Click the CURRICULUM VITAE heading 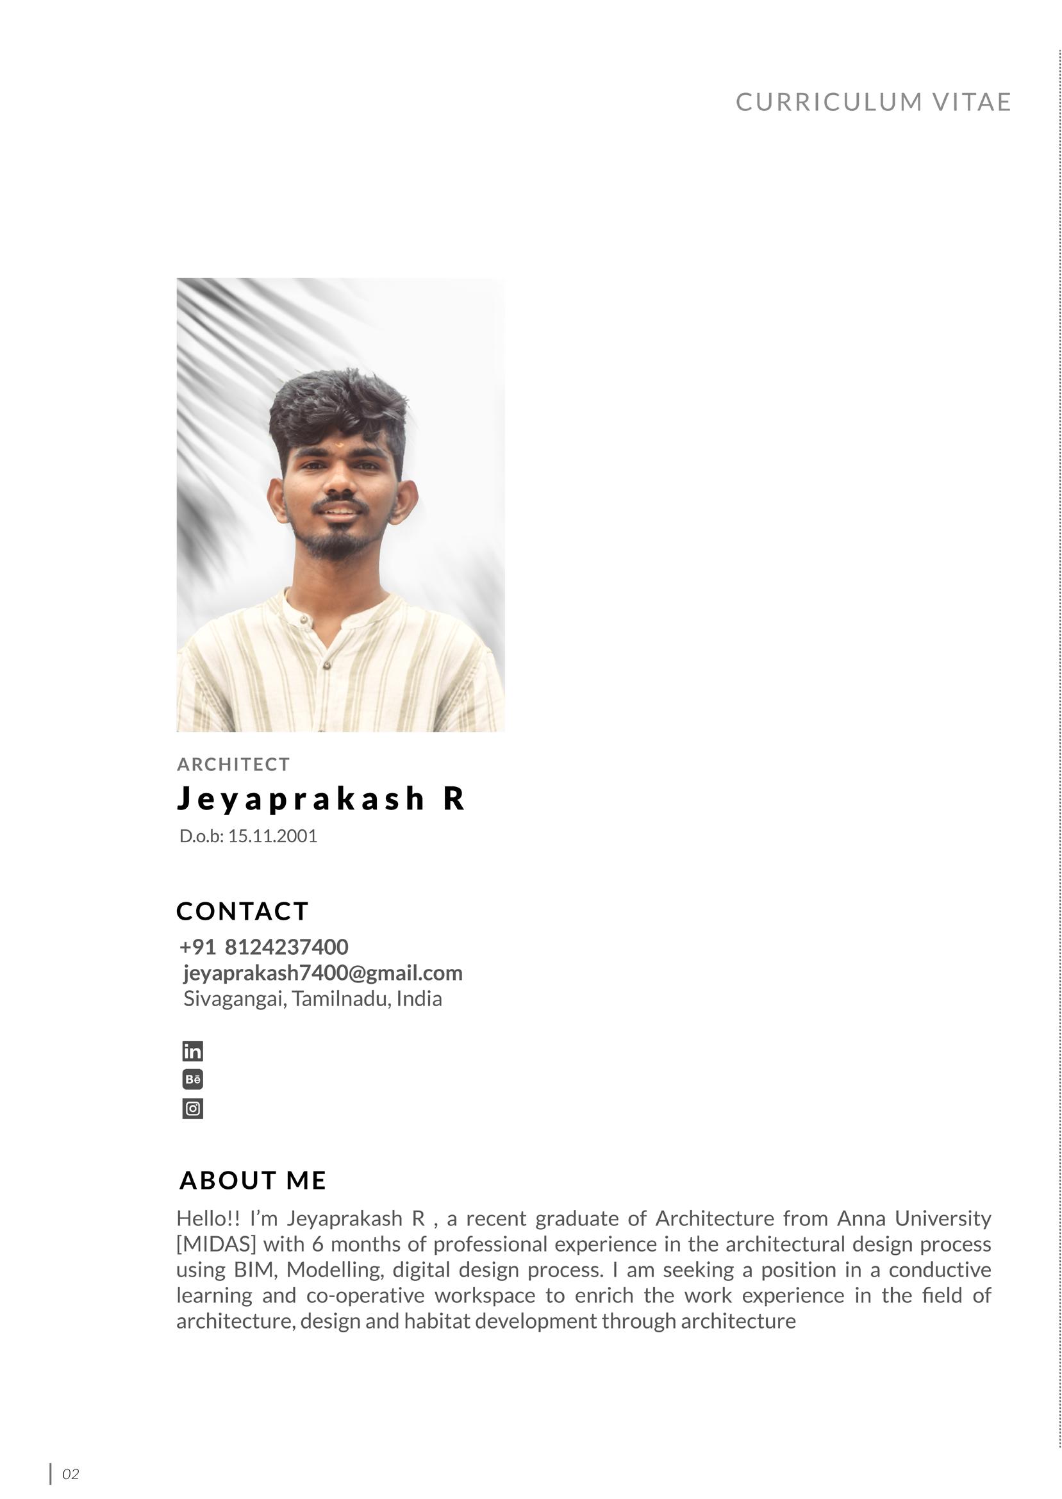(874, 102)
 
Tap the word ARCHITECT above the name (233, 764)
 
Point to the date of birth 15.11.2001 (272, 836)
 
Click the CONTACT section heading (242, 911)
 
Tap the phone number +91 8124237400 (263, 947)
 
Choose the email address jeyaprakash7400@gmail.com (322, 973)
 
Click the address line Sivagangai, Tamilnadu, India (313, 998)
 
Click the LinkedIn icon (193, 1051)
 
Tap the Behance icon (193, 1079)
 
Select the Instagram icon (193, 1108)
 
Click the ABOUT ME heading (253, 1180)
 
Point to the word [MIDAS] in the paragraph (216, 1243)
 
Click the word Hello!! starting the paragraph (208, 1218)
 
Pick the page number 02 (70, 1473)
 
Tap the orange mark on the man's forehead (340, 446)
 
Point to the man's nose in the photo (340, 485)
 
